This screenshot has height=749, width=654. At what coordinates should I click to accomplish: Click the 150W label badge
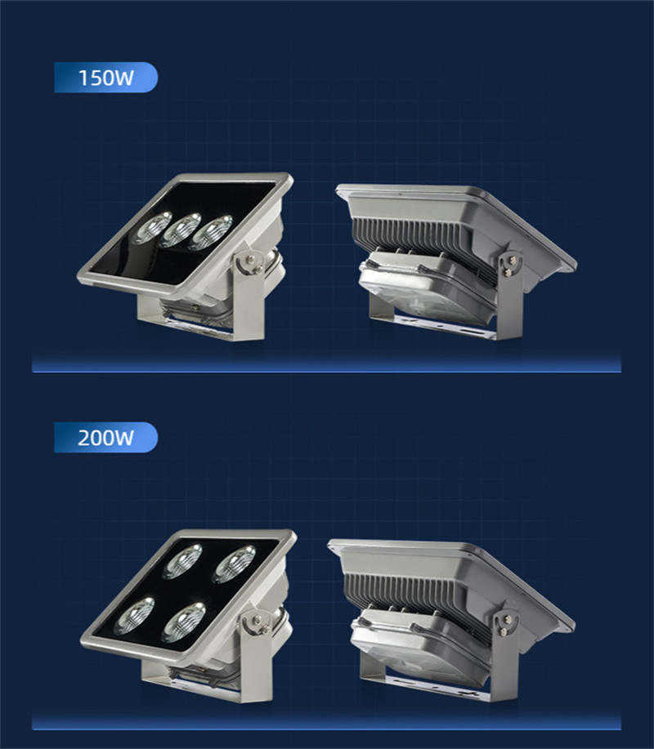tap(105, 78)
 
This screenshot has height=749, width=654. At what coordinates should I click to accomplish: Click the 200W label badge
tap(105, 437)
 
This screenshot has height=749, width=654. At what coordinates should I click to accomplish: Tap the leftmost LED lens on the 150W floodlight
tap(153, 228)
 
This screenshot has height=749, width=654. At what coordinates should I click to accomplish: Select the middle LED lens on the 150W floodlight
tap(181, 230)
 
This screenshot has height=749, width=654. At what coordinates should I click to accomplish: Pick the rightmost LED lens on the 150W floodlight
tap(210, 233)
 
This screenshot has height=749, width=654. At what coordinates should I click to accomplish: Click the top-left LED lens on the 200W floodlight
tap(181, 562)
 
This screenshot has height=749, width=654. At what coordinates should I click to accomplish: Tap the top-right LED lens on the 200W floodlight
tap(234, 564)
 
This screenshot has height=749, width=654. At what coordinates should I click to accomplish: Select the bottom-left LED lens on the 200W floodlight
tap(134, 616)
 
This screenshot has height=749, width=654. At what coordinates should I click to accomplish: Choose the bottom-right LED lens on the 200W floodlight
tap(184, 622)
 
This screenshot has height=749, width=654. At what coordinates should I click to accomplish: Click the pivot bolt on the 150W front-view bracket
tap(250, 261)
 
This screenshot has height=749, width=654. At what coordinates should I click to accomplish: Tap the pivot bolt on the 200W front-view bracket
tap(258, 621)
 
